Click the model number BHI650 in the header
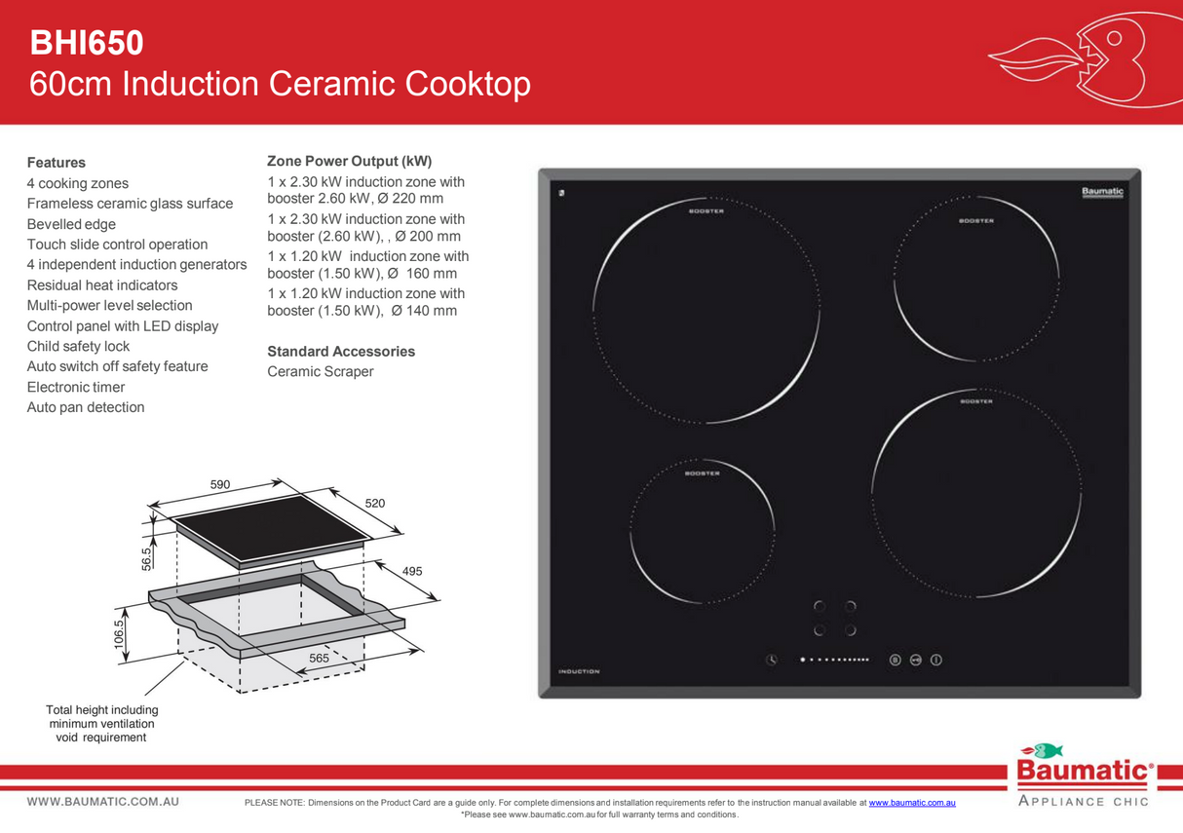coord(87,43)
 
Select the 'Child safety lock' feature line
coord(78,346)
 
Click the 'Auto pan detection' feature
coord(86,407)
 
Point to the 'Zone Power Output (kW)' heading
coord(349,161)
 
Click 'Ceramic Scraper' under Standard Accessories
coord(320,371)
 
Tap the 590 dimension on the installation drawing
coord(219,483)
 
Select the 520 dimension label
coord(375,504)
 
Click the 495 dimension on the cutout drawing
coord(412,571)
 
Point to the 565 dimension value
coord(319,659)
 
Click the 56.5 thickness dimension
coord(147,558)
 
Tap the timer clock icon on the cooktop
coord(771,660)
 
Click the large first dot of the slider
coord(803,660)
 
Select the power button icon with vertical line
coord(936,660)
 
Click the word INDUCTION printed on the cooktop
coord(579,671)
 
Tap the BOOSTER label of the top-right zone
coord(975,221)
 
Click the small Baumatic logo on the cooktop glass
coord(1102,191)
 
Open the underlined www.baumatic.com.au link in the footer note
coord(911,803)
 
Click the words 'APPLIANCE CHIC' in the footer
coord(1083,802)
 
